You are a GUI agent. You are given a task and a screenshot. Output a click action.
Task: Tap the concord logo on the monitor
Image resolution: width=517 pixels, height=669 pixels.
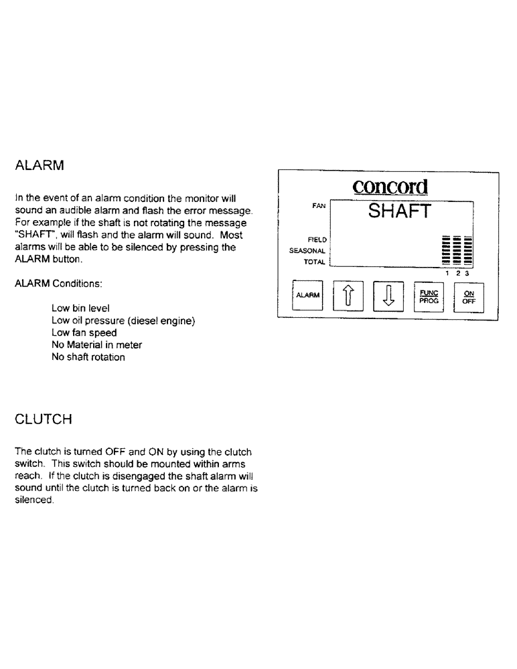pos(390,187)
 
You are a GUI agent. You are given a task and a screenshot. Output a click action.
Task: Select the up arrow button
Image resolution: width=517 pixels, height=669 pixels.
pos(348,295)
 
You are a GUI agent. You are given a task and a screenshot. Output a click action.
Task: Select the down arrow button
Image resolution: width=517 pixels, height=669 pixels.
pos(388,295)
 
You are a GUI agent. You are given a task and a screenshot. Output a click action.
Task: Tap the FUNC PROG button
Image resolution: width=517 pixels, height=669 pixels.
pos(428,295)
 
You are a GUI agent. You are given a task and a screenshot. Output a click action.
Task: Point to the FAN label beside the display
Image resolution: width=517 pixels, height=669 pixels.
pos(319,207)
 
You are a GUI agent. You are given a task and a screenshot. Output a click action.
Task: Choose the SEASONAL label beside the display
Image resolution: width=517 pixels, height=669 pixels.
pos(308,250)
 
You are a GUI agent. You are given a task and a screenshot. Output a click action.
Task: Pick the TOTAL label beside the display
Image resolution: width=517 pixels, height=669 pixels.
pos(314,262)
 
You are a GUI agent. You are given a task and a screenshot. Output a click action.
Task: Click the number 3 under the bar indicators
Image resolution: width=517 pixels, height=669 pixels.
pos(468,273)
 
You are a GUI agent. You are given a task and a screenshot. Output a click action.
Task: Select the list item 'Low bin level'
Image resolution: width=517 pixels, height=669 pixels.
pos(80,308)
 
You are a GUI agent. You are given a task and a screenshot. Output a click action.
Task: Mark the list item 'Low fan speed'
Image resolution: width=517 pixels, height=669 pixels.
pos(84,332)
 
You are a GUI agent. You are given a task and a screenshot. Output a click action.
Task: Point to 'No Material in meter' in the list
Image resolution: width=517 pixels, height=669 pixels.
pos(96,345)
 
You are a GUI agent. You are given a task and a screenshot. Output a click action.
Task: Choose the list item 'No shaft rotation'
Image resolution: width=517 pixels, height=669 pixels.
pos(88,357)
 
